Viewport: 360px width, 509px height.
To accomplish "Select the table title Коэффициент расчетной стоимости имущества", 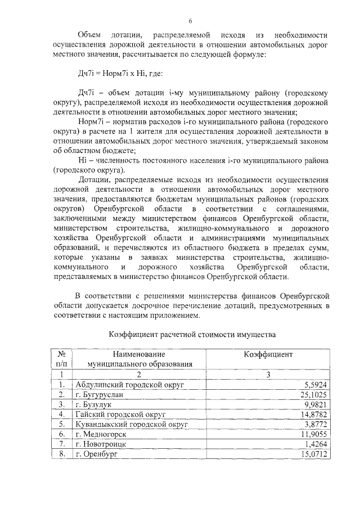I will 192,335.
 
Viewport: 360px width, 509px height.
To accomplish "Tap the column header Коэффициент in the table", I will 268,354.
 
